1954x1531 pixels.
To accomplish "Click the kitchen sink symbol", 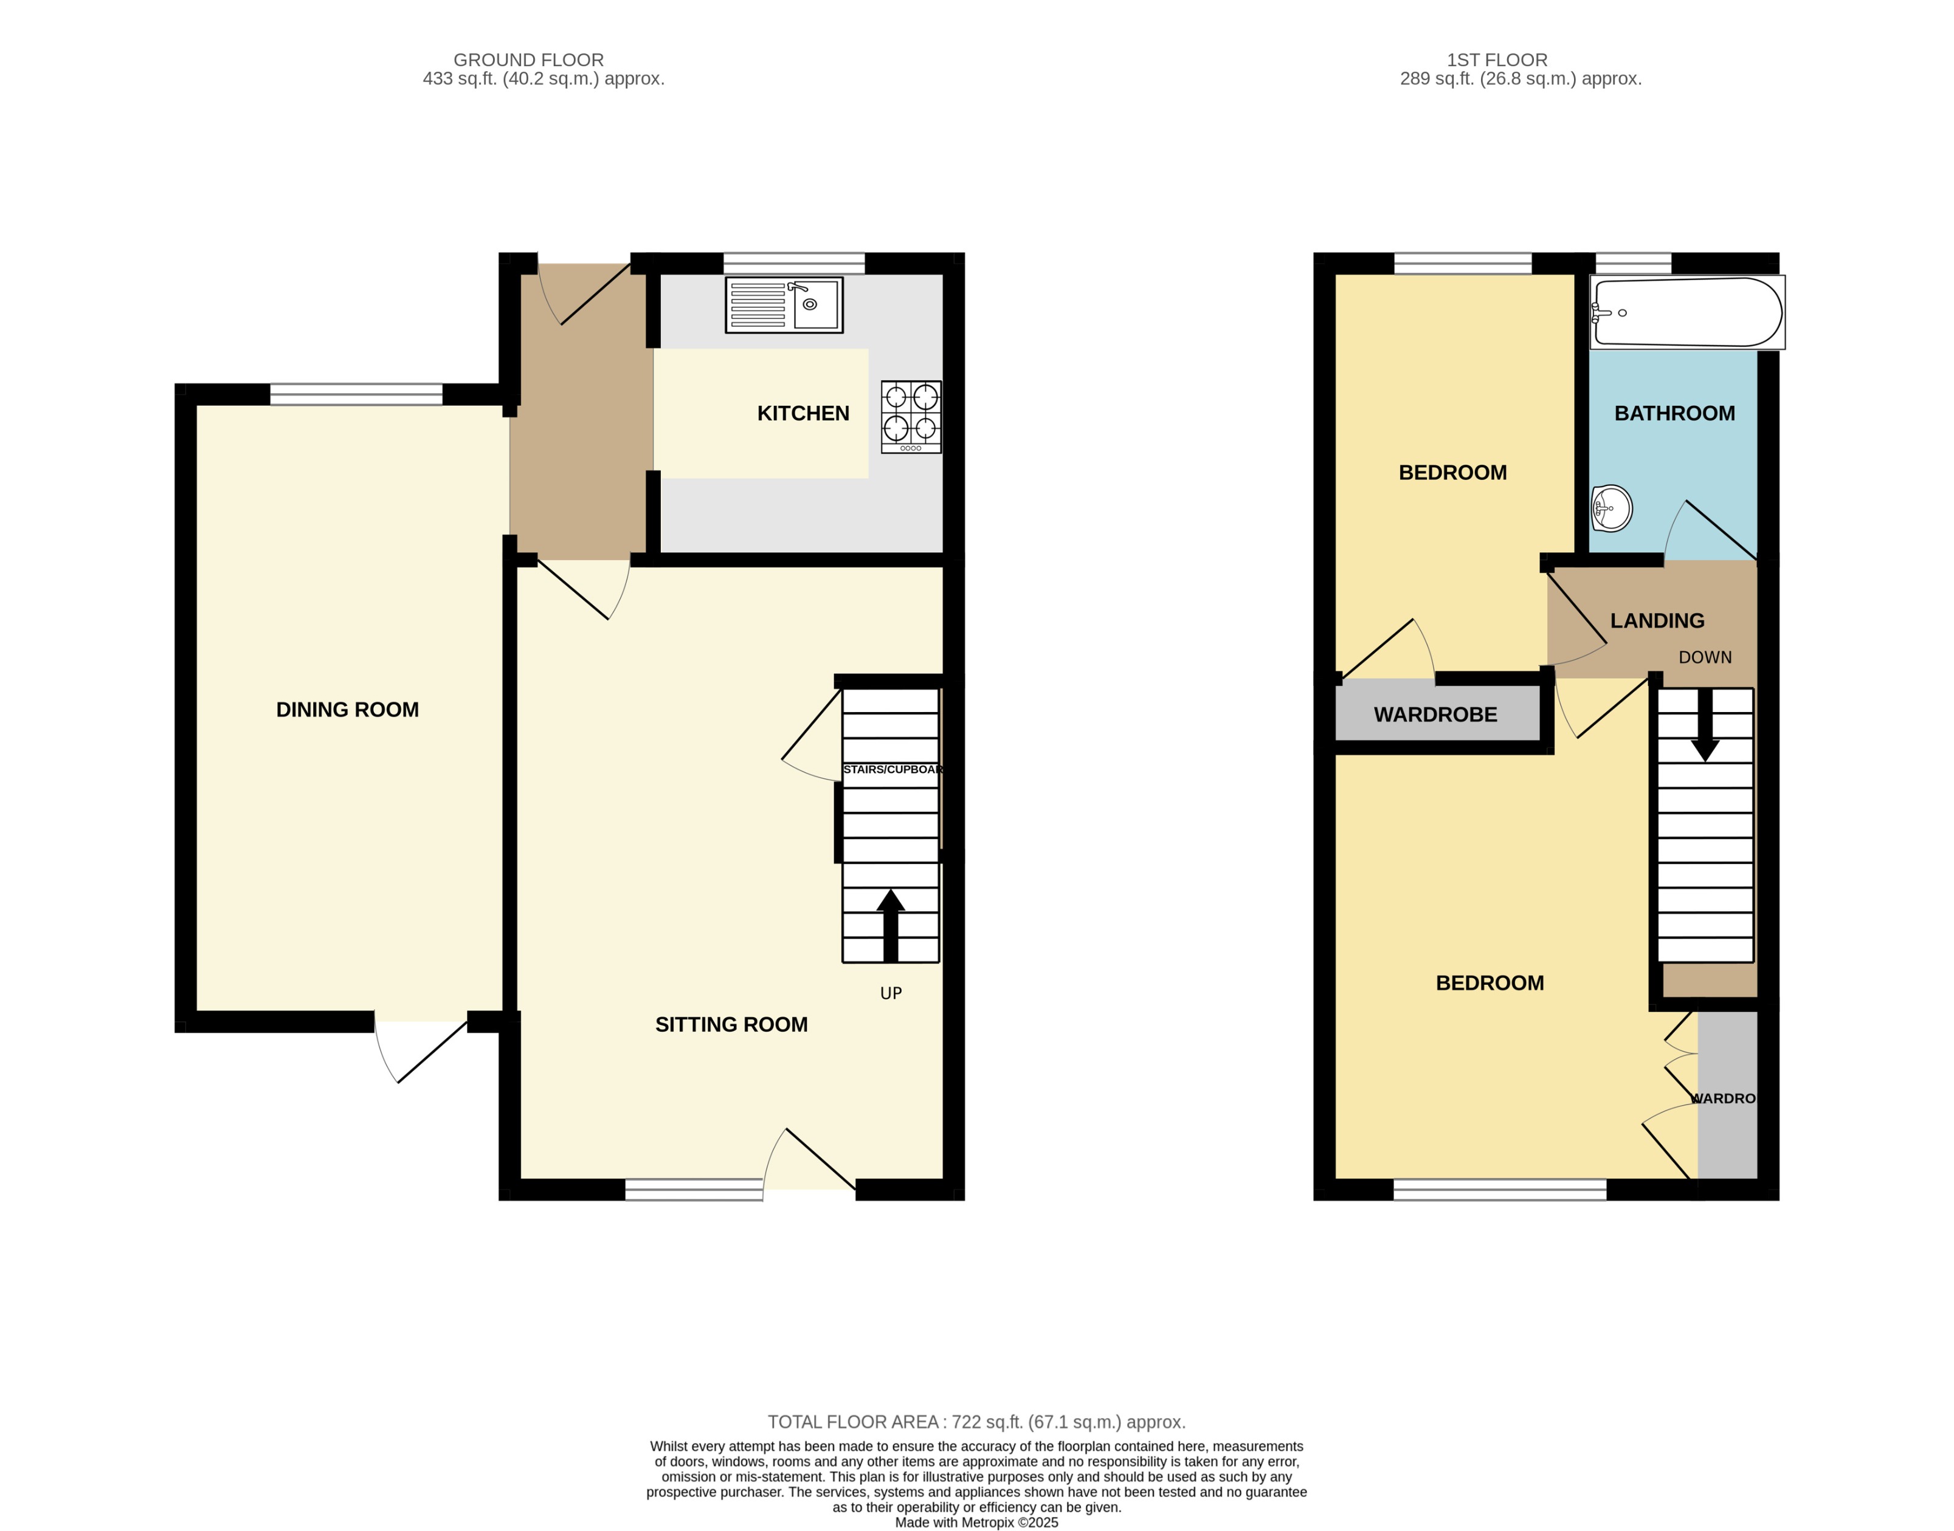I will (784, 305).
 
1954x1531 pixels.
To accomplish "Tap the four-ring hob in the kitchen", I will (911, 417).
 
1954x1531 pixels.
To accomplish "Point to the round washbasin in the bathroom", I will (1612, 509).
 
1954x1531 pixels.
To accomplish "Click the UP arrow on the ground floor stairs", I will (891, 924).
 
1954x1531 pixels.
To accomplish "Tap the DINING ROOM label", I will (347, 710).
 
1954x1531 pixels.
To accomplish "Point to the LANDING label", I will (1657, 620).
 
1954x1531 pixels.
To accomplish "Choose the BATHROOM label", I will (1674, 413).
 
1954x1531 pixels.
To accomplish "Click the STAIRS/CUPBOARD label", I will (892, 769).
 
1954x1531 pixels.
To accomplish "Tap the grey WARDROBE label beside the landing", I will (1435, 714).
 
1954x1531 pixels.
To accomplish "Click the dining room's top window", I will (356, 394).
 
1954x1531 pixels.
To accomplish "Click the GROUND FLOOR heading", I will (528, 60).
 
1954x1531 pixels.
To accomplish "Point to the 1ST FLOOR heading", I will (1497, 60).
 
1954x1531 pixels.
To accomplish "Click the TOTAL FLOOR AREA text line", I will (976, 1422).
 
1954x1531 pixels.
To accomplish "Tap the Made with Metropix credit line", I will (976, 1522).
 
